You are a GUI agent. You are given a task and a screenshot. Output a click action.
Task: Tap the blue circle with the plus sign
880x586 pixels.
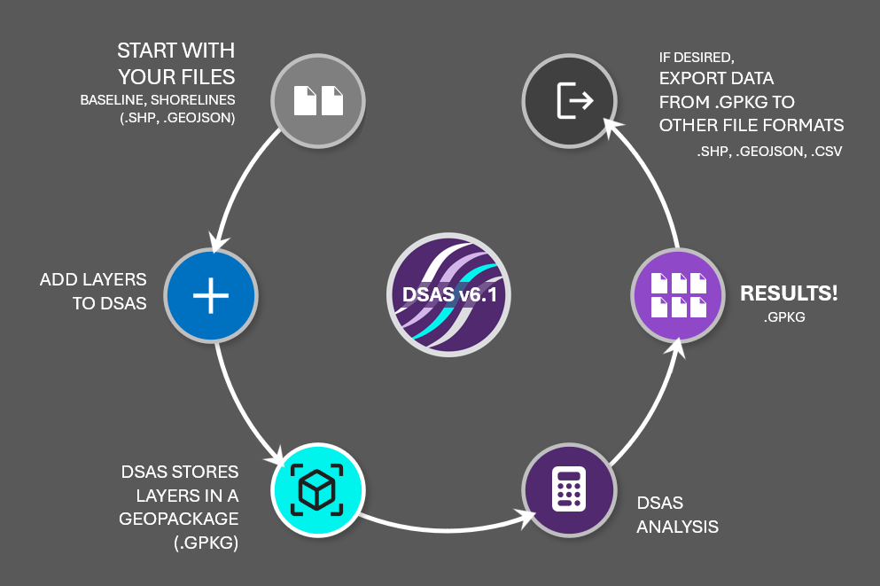(210, 295)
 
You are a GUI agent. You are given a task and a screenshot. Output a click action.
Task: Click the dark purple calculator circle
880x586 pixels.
(567, 489)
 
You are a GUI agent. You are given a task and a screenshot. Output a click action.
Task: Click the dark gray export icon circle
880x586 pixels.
(568, 100)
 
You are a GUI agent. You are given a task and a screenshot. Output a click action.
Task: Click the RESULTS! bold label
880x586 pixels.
(789, 293)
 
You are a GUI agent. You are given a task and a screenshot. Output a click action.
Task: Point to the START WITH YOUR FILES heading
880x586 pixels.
(175, 61)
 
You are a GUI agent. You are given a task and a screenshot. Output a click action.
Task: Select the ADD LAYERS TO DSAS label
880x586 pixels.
(93, 291)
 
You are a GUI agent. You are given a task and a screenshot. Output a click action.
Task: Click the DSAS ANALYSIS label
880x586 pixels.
(677, 514)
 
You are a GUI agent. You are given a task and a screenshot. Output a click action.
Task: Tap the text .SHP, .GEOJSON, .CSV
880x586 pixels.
(768, 152)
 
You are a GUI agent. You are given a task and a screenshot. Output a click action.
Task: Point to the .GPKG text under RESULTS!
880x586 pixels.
(783, 316)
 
